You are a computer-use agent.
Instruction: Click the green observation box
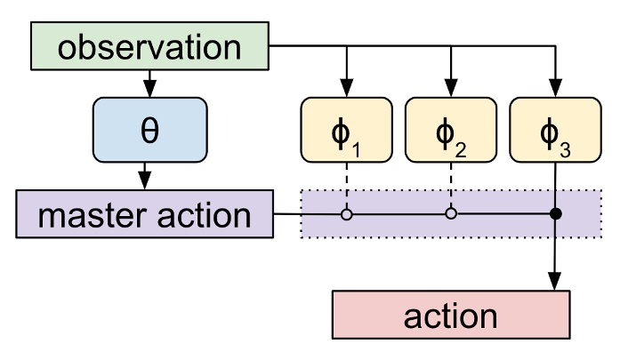[x=149, y=47]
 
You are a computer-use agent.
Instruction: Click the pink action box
[x=450, y=316]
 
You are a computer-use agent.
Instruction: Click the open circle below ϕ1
[x=347, y=214]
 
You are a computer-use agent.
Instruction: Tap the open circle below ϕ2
[x=451, y=214]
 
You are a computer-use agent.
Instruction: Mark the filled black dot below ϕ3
[x=555, y=214]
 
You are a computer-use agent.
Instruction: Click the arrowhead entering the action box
[x=555, y=283]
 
